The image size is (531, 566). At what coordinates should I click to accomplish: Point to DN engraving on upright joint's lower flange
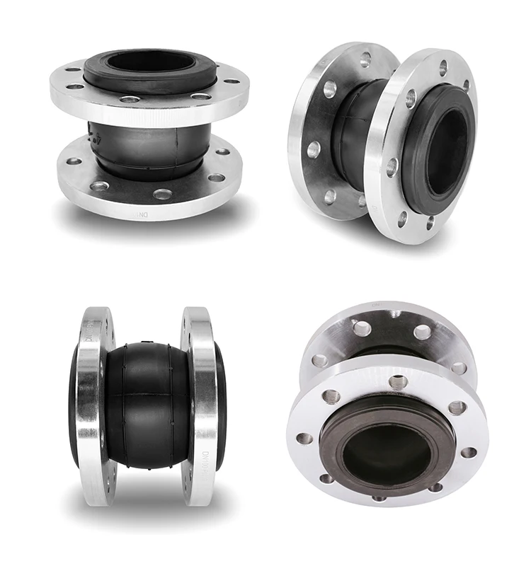click(146, 211)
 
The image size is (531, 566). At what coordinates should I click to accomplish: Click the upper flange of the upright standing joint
click(71, 99)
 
